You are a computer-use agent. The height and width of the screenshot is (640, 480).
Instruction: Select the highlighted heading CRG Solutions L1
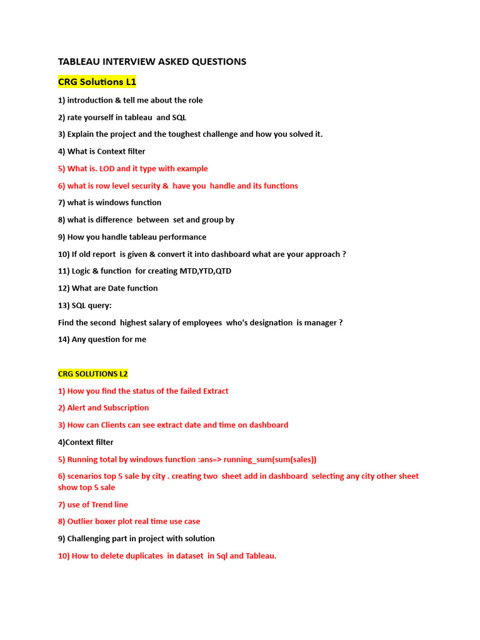coord(97,82)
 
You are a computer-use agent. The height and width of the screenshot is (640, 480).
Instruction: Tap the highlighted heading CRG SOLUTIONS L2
coord(92,374)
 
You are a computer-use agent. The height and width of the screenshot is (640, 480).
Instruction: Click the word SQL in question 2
coord(179,117)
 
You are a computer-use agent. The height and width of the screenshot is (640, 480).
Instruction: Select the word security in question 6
coord(144,186)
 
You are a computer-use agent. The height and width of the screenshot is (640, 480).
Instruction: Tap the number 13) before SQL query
coord(64,306)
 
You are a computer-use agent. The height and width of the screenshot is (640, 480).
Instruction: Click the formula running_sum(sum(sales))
coord(270,459)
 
